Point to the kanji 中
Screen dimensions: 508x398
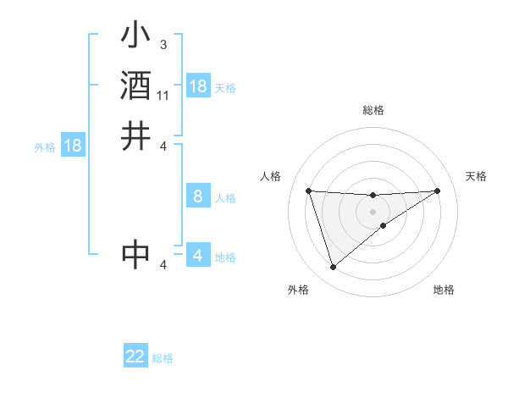pos(135,253)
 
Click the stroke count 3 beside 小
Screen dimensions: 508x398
pos(163,44)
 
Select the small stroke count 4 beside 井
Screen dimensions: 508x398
pos(163,145)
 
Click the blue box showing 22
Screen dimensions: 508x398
pos(135,357)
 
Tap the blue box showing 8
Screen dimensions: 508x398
pos(197,196)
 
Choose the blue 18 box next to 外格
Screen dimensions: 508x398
pos(73,146)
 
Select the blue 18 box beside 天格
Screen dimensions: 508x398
pos(197,86)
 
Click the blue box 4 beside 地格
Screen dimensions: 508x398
pos(197,255)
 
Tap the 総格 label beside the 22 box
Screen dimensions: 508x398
pos(163,358)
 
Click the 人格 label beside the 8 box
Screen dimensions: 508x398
pos(225,198)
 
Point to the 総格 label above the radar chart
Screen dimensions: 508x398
pos(373,110)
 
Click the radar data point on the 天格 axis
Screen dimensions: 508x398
pos(437,191)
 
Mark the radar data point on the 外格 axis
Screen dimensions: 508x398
pos(333,268)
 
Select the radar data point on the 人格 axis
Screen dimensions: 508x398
pos(308,191)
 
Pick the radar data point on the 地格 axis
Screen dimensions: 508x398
pos(384,225)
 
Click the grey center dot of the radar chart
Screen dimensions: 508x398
pos(373,211)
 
